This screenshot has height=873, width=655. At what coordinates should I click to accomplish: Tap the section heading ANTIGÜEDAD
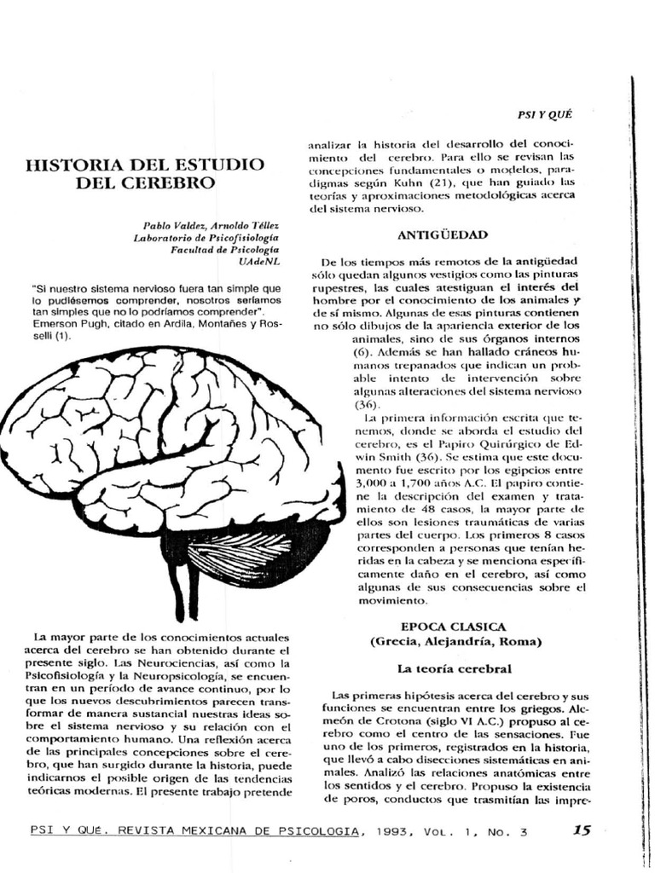[442, 234]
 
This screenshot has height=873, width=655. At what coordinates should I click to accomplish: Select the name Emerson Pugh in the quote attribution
[66, 324]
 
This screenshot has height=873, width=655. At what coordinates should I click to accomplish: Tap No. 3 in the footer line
[506, 831]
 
